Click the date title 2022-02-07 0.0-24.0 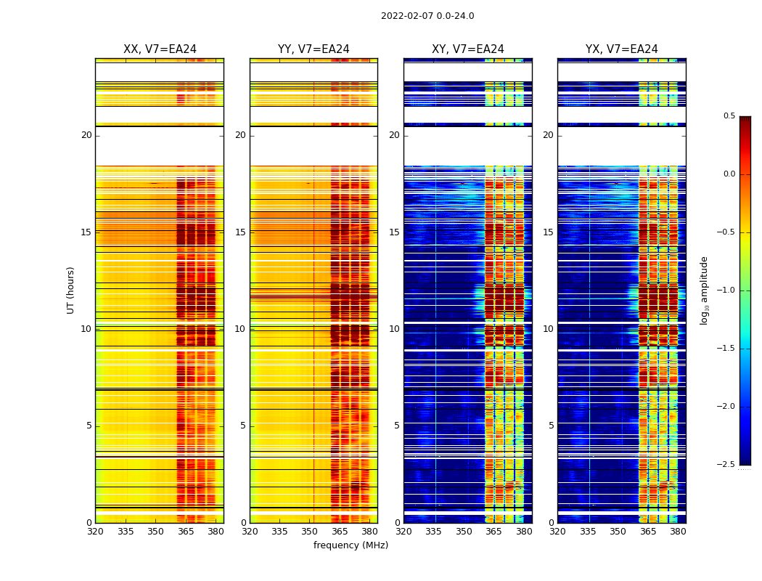(427, 16)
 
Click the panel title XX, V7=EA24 (160, 49)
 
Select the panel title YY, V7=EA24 (314, 49)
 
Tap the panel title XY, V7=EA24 (468, 49)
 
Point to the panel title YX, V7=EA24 (622, 49)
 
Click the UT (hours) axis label (70, 290)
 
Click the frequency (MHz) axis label (351, 545)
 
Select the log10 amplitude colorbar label (704, 290)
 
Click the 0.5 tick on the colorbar (729, 116)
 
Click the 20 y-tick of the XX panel (86, 135)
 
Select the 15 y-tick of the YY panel (240, 232)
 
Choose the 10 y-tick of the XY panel (394, 329)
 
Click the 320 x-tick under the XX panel (95, 532)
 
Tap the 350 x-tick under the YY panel (310, 532)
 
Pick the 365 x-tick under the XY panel (493, 532)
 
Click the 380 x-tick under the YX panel (678, 532)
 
